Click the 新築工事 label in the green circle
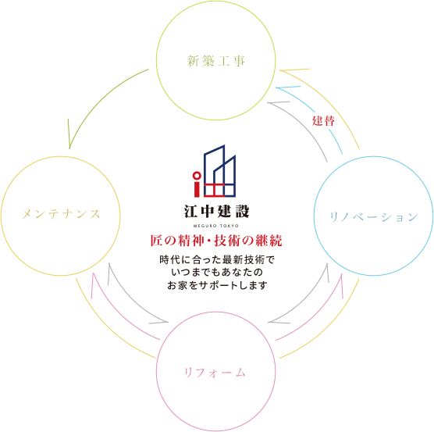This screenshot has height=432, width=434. tap(216, 61)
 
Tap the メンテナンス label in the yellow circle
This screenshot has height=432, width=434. tap(61, 214)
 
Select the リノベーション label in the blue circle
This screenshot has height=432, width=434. tap(374, 217)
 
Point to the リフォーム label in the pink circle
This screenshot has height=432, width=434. tap(215, 373)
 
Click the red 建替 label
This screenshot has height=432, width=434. tap(323, 121)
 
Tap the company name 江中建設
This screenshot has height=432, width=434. tap(217, 211)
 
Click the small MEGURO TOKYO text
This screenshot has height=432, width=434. tap(216, 226)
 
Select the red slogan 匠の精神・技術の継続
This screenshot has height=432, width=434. tap(216, 241)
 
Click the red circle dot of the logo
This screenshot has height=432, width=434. tap(197, 176)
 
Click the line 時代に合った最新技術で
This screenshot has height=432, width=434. tap(217, 260)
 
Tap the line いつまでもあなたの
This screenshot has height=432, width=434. tap(217, 272)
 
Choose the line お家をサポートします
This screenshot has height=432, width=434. tap(217, 285)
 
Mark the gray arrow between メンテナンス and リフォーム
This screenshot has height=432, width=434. tap(130, 301)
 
